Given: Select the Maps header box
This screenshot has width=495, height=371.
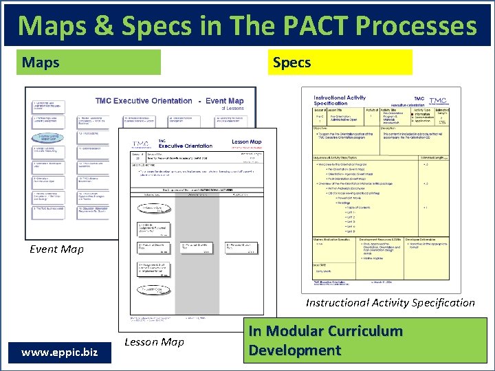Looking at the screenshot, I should pos(91,63).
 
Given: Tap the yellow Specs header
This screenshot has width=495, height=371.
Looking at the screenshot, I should pos(341,63).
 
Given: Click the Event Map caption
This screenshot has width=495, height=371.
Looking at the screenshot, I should pos(56,249).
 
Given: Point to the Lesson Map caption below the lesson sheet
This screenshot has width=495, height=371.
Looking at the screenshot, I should pos(154,341).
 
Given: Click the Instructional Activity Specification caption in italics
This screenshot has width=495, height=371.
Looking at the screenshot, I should pos(390,302).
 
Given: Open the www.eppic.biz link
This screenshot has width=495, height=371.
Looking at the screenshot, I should pos(59,352).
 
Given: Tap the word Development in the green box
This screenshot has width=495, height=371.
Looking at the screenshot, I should pos(294,350).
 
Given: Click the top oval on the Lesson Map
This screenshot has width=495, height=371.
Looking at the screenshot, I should pos(152,209).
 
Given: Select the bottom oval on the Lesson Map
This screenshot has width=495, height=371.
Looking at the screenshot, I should pos(152,289).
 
